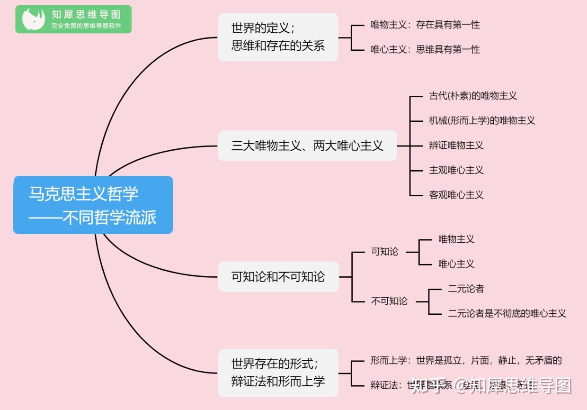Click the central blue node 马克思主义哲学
(x=93, y=205)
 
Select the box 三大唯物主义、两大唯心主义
(x=307, y=146)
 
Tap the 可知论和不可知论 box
(x=278, y=277)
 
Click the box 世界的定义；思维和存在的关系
(x=278, y=37)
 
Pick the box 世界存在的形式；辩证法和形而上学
(x=278, y=373)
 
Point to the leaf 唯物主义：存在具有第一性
(x=425, y=25)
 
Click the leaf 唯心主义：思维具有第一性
(x=425, y=49)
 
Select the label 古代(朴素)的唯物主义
(x=473, y=96)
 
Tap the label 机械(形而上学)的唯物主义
(x=482, y=120)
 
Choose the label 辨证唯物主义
(x=456, y=145)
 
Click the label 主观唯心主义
(x=456, y=170)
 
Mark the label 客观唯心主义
(x=456, y=194)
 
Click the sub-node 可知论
(x=385, y=252)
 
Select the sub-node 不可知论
(x=389, y=301)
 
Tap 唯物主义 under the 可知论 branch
(x=456, y=239)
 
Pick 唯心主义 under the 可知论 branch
(x=456, y=264)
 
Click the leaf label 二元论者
(x=466, y=289)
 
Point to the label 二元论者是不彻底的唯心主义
(x=507, y=313)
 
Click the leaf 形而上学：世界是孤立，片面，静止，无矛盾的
(x=466, y=361)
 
